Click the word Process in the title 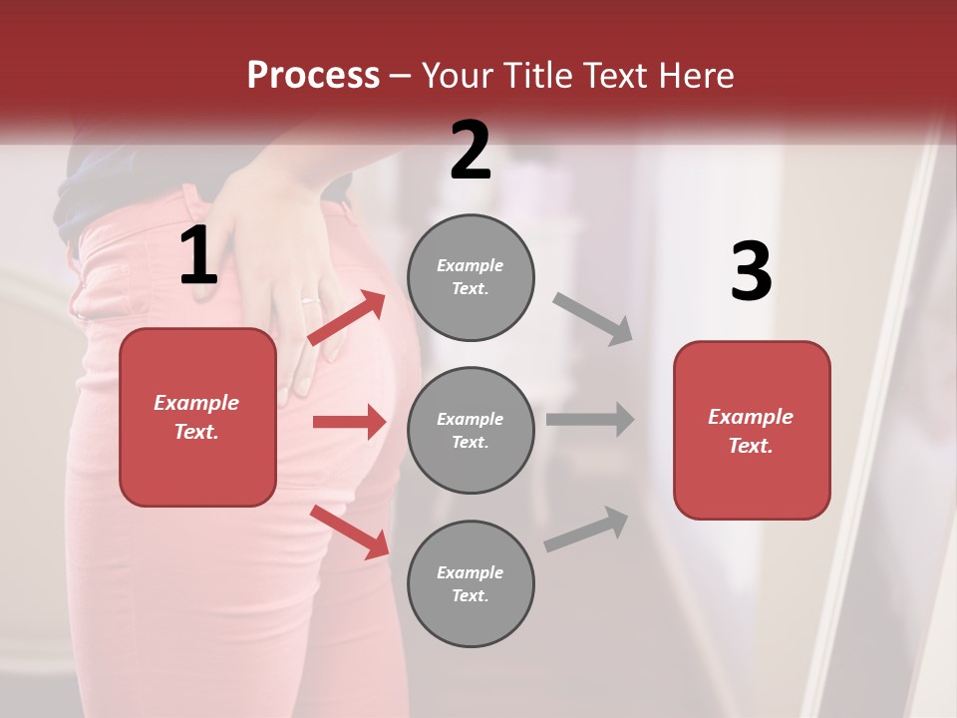point(313,75)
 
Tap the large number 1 point(198,256)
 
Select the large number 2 point(471,151)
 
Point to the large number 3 point(751,272)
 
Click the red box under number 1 point(197,417)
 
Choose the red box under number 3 point(752,430)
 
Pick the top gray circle point(471,277)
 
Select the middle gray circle point(471,430)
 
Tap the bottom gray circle point(471,583)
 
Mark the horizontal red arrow point(349,422)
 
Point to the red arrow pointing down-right point(350,532)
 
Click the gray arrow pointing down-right point(593,319)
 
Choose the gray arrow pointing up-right point(586,529)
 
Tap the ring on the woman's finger point(311,299)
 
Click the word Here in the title point(697,75)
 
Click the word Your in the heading point(458,75)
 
